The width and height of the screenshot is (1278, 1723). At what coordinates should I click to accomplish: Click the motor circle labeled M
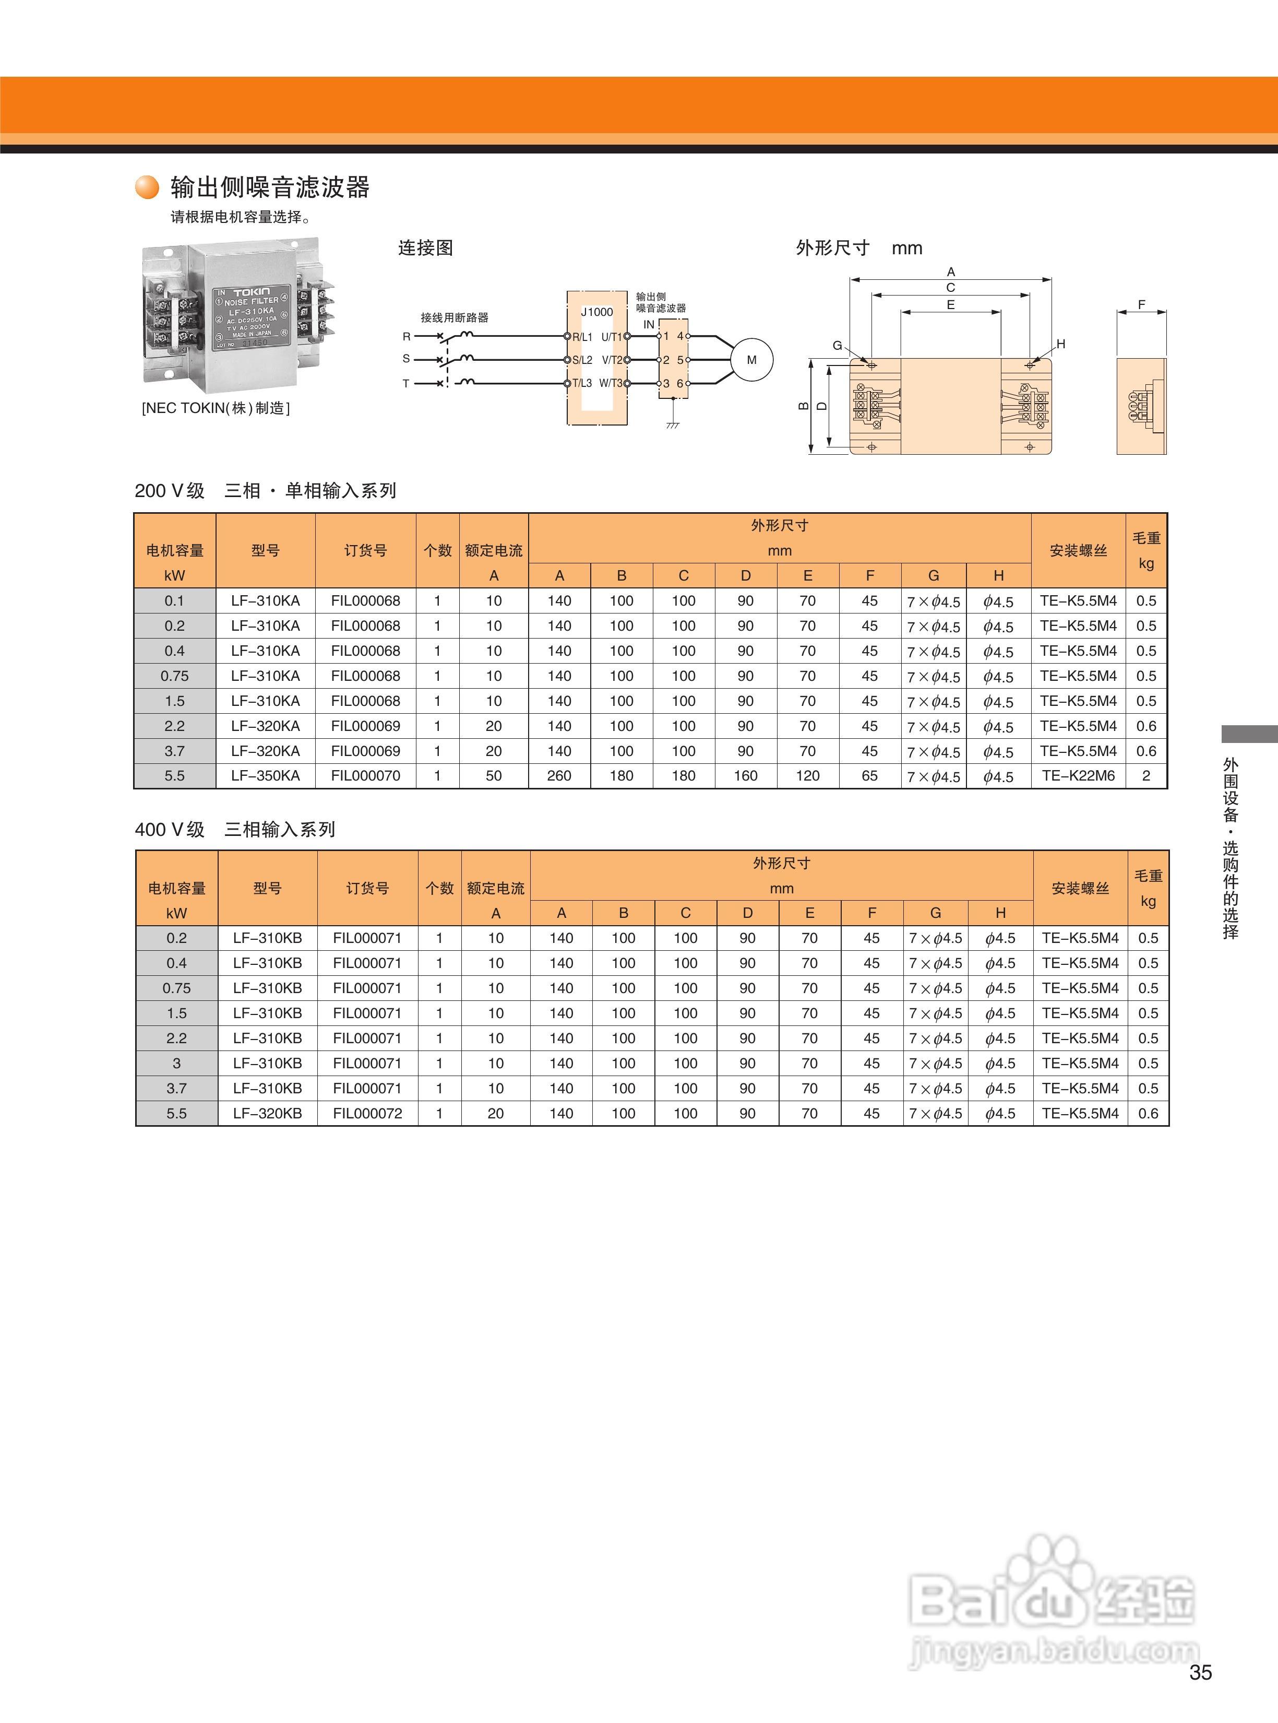tap(751, 360)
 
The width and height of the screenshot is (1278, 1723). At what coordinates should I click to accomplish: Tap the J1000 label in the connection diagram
tap(596, 312)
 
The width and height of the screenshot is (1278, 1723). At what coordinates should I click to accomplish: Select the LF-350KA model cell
tap(265, 775)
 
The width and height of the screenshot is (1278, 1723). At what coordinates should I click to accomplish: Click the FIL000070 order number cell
tap(365, 775)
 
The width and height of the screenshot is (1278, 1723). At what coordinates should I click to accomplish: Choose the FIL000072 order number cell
tap(367, 1113)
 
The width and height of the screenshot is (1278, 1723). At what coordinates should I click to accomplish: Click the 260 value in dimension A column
tap(559, 775)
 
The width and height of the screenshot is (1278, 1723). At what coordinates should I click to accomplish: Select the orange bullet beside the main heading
tap(147, 187)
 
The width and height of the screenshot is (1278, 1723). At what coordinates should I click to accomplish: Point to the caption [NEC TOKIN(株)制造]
tap(216, 408)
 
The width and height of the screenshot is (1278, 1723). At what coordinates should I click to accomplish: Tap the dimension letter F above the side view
tap(1141, 305)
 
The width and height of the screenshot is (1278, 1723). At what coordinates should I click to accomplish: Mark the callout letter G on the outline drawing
tap(837, 345)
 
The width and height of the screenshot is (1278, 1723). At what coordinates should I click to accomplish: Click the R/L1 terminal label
tap(582, 337)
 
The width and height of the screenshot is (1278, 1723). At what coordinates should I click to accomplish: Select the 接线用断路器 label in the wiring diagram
tap(454, 317)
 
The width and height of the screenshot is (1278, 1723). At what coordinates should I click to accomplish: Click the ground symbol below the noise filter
tap(673, 424)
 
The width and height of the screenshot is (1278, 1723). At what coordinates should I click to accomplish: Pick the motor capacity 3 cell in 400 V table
tap(176, 1063)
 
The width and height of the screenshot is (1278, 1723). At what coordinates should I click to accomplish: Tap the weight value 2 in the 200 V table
tap(1146, 775)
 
